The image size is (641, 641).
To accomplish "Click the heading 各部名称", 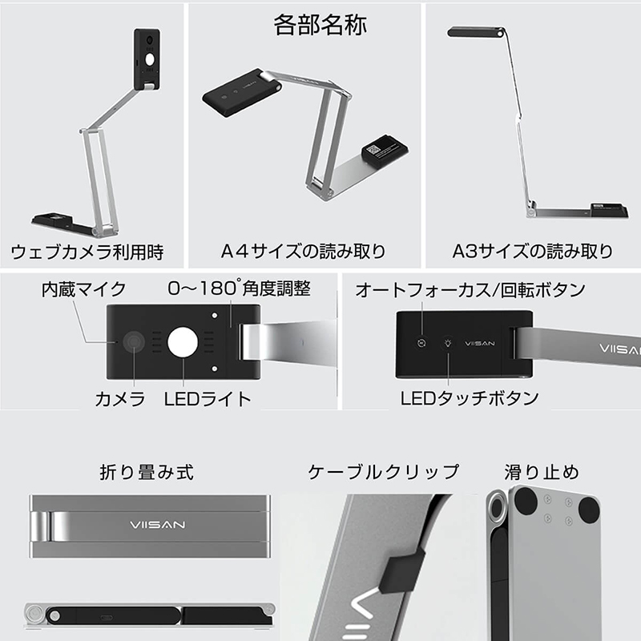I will [x=320, y=25].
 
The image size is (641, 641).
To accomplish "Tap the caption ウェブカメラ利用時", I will [x=87, y=252].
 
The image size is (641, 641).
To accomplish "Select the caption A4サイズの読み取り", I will [x=304, y=252].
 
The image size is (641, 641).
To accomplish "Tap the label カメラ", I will [x=120, y=398].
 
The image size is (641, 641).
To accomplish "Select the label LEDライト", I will [x=208, y=398].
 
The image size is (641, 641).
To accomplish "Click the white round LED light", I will [x=183, y=344].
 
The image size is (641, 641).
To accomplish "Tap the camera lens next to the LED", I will [x=134, y=343].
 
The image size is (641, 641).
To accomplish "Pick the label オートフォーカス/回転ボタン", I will [x=470, y=289].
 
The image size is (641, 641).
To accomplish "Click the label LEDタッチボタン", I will [x=470, y=397].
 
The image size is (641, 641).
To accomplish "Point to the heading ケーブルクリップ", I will [x=384, y=472].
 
